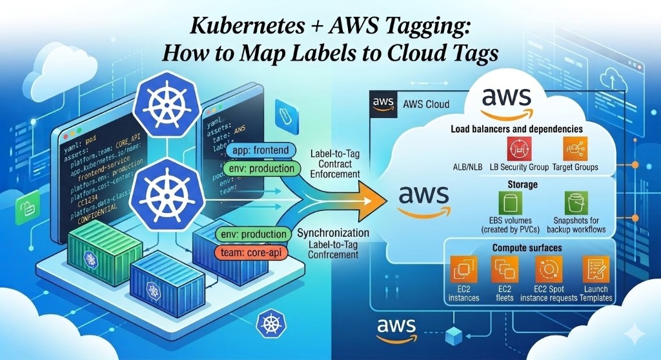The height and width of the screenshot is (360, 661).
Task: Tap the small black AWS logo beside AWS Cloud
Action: point(382,104)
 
